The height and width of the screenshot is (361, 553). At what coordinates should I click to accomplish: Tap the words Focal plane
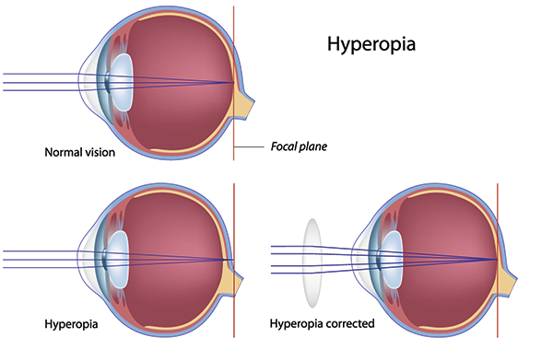coord(300,146)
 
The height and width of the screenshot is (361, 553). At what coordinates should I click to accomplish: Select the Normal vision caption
coord(79,152)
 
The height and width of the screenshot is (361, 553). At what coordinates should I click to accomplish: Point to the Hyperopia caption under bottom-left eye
coord(71,324)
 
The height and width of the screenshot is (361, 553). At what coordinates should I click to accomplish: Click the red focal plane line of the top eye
coord(234,37)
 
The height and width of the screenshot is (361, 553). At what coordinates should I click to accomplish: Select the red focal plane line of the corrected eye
coord(498,212)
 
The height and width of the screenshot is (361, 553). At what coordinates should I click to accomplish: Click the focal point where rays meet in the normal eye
coord(233,83)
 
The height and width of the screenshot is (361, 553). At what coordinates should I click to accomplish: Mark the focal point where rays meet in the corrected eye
coord(497,260)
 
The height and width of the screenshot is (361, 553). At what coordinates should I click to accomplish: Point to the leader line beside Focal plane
coord(251,146)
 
